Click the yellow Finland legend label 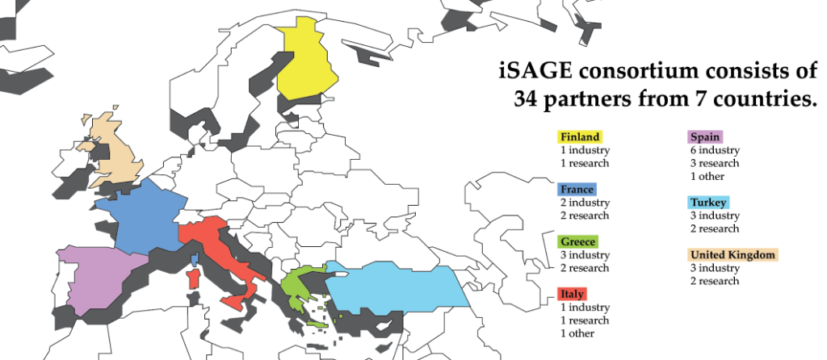(580, 137)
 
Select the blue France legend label (577, 190)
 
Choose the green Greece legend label (577, 242)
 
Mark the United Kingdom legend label (733, 255)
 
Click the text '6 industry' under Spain (713, 150)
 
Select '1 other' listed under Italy (578, 333)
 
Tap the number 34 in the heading (530, 99)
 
